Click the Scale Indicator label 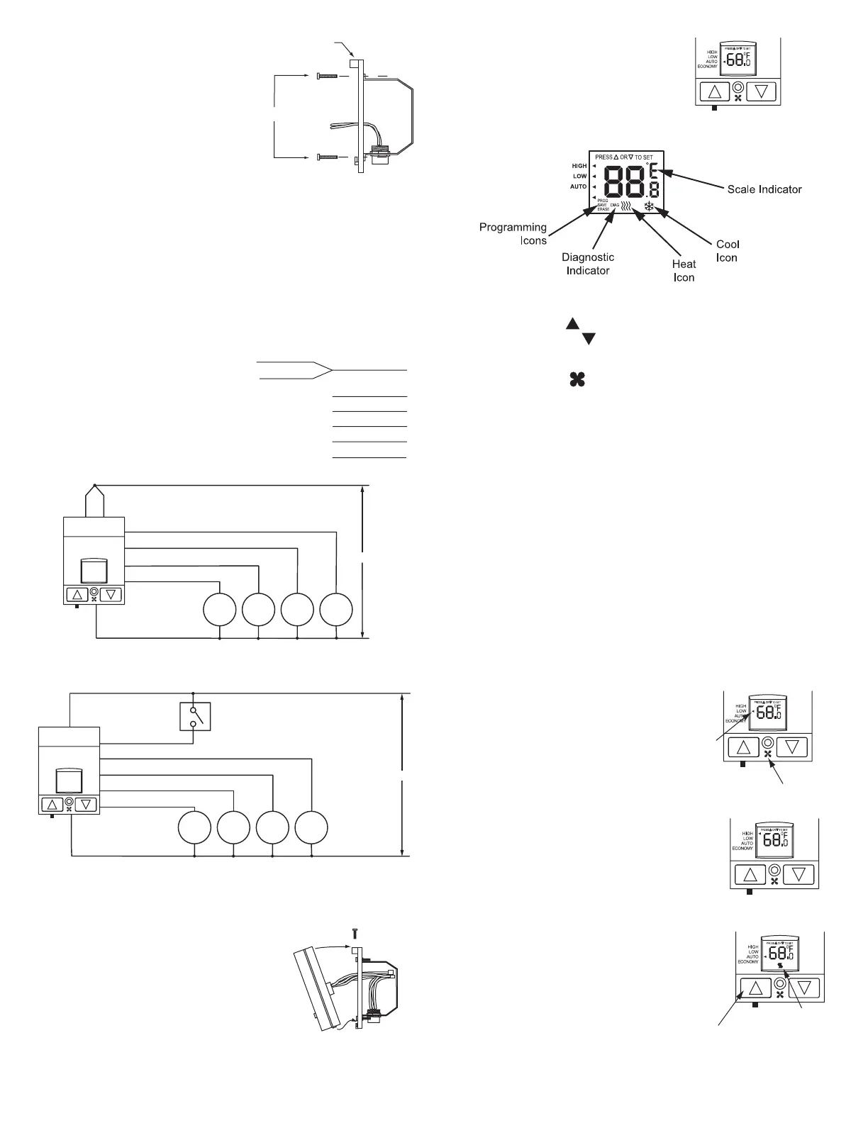click(x=764, y=189)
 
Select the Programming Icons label click(x=513, y=233)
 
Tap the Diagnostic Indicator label click(x=588, y=264)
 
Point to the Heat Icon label click(x=684, y=270)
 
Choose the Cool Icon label click(x=727, y=251)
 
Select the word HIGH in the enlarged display click(x=579, y=166)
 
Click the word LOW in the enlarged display click(x=580, y=176)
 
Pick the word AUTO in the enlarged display click(x=579, y=186)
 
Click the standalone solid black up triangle click(x=572, y=324)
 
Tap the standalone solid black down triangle click(x=588, y=340)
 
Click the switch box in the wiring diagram click(x=195, y=715)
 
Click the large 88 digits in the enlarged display click(x=624, y=182)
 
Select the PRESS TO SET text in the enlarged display click(x=624, y=157)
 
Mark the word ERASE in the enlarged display click(x=603, y=210)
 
